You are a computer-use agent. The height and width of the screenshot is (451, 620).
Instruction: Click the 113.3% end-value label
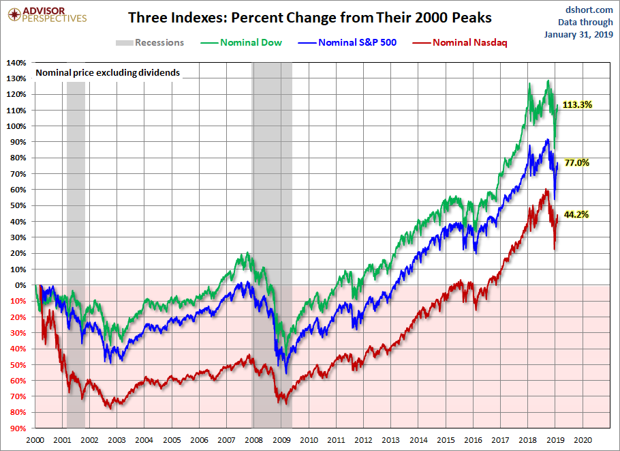tap(578, 105)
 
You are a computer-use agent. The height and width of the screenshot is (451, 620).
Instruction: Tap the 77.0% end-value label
tap(576, 163)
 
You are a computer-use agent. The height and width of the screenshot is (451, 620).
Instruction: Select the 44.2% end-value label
tap(576, 214)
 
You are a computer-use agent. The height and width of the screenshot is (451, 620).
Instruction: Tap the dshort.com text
tap(580, 9)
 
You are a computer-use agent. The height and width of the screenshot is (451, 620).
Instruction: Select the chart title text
tap(309, 17)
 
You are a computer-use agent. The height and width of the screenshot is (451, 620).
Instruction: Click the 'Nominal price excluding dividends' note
tap(107, 72)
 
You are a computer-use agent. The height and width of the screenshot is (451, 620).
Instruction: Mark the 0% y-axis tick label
tap(20, 285)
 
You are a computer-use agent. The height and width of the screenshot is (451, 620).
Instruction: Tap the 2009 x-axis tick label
tap(281, 440)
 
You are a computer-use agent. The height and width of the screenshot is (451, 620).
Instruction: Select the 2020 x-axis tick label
tap(584, 440)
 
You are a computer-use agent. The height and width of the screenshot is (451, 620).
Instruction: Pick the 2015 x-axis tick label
tap(446, 440)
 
